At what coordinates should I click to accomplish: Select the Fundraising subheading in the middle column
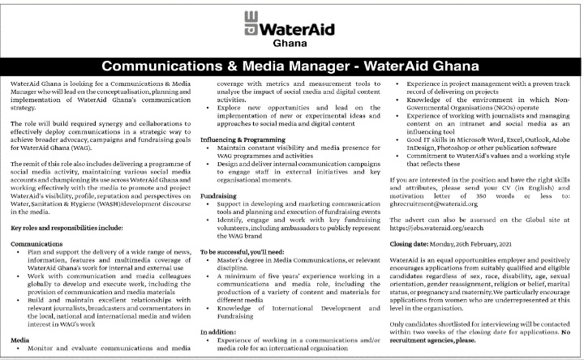point(218,195)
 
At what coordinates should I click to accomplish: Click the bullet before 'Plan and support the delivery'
point(18,253)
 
